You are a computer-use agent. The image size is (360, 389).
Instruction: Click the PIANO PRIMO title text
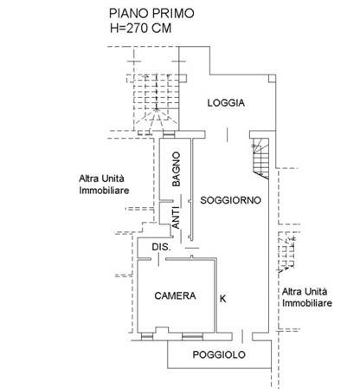151,14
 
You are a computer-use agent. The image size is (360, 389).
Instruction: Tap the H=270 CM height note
141,29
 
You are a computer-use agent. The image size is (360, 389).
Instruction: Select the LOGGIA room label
226,103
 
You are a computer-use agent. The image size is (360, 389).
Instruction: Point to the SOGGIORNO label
230,200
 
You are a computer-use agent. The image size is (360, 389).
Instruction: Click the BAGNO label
176,169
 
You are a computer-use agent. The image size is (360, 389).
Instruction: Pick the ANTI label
176,219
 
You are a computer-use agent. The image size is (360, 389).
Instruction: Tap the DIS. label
161,247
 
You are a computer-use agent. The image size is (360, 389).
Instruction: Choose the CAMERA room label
175,295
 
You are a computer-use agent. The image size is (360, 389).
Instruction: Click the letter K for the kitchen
223,299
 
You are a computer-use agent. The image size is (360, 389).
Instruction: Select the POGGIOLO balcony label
219,354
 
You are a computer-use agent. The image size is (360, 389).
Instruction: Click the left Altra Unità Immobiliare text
104,185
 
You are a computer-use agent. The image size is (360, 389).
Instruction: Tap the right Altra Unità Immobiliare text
307,297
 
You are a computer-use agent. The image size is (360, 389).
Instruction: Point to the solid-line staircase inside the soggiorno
260,159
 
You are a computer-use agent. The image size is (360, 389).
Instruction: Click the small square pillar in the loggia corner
272,79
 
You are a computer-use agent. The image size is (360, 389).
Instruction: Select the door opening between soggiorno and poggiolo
242,336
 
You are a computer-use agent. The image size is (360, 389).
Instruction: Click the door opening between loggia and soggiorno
228,134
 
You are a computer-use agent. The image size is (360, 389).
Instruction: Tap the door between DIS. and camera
158,259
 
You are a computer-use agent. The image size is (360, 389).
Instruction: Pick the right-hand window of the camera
192,336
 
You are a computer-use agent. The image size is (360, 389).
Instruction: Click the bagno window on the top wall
169,134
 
